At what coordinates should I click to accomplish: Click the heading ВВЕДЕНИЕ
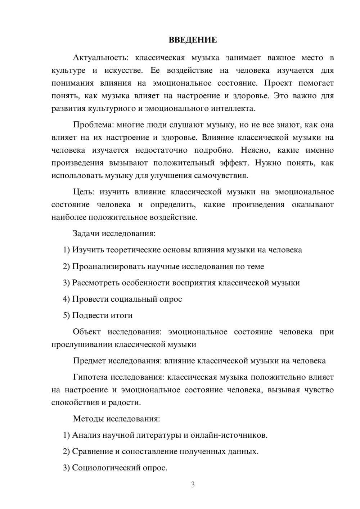[x=193, y=40]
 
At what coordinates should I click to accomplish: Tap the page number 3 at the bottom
[x=193, y=485]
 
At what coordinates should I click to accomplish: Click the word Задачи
[x=86, y=234]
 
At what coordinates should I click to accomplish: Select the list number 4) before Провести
[x=66, y=299]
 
